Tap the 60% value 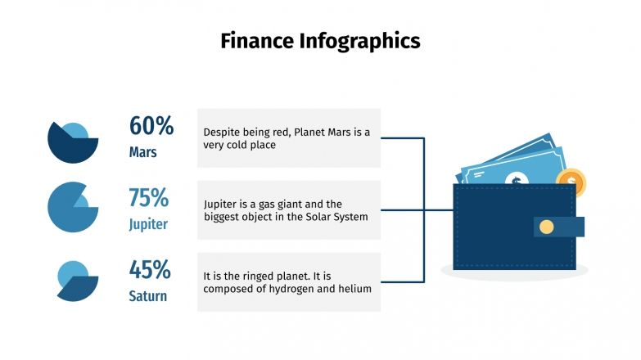click(151, 126)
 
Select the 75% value click(149, 198)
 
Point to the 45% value click(150, 269)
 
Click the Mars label click(142, 152)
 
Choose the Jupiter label click(148, 224)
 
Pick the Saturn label click(149, 295)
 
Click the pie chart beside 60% click(72, 142)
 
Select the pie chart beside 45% click(77, 281)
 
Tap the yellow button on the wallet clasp click(546, 227)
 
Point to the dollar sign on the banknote click(517, 180)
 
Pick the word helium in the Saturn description click(355, 289)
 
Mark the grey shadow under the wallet click(514, 272)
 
